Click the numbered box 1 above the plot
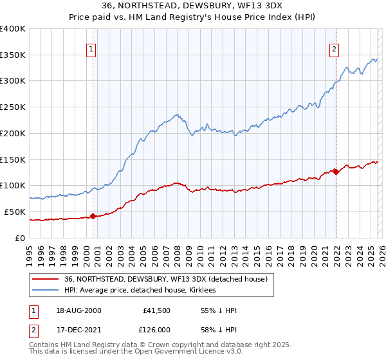91,48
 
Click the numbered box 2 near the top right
335,48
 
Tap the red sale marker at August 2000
93,216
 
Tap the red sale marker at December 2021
336,172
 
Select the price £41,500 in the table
156,310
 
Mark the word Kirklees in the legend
203,290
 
